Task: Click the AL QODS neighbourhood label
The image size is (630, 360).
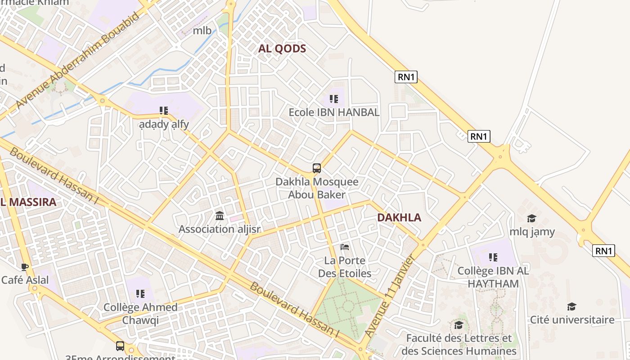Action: point(282,49)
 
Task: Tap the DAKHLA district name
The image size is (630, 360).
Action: point(399,217)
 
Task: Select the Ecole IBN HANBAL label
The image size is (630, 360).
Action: point(334,112)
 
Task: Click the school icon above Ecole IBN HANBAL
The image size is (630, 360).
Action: point(333,99)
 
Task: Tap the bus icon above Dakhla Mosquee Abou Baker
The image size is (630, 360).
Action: point(317,168)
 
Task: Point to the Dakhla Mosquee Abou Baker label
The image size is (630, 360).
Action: point(317,188)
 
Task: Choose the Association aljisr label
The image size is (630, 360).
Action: point(220,229)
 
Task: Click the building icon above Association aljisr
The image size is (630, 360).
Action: point(220,216)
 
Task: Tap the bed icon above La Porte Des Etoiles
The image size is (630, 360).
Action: point(345,247)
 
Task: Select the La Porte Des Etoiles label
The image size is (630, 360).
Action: point(345,267)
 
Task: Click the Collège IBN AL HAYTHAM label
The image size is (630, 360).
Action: point(493,277)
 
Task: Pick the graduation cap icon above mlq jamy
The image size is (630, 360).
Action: point(531,218)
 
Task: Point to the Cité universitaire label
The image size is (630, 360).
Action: point(572,320)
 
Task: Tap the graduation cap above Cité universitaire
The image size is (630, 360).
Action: point(571,306)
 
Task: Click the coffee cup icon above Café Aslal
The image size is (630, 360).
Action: point(25,267)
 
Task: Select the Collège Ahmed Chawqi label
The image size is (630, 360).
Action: point(140,314)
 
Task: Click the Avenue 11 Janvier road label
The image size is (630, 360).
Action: point(390,297)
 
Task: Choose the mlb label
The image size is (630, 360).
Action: point(202,31)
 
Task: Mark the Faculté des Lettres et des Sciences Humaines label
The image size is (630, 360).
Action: point(459,344)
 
